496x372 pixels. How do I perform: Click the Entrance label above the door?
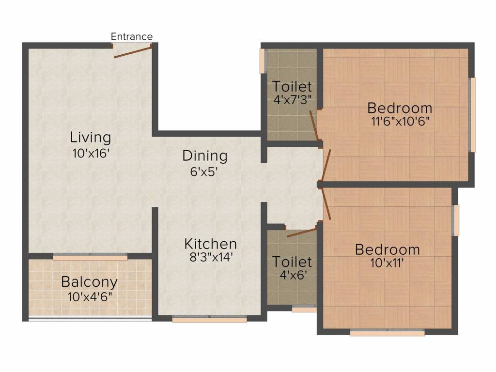coord(132,37)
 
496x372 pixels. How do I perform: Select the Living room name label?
coord(91,138)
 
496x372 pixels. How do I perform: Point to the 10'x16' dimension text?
coord(91,154)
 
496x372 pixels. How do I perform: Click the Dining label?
coord(205,156)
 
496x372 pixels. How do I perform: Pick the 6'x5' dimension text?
coord(204,172)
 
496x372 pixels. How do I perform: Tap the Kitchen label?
coord(211,244)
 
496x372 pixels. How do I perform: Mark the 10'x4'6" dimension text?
coord(90,297)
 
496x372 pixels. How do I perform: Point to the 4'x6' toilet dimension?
coord(293,275)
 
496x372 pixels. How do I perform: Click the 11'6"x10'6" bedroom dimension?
coord(400,121)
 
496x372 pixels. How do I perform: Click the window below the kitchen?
coord(209,319)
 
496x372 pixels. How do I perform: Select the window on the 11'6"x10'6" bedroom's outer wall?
coord(472,115)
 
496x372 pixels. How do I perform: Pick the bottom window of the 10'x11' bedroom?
coord(387,332)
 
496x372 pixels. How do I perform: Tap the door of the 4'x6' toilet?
coord(301,232)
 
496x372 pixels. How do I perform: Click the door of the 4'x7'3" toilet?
coord(314,125)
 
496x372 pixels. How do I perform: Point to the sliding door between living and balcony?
coord(90,257)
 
